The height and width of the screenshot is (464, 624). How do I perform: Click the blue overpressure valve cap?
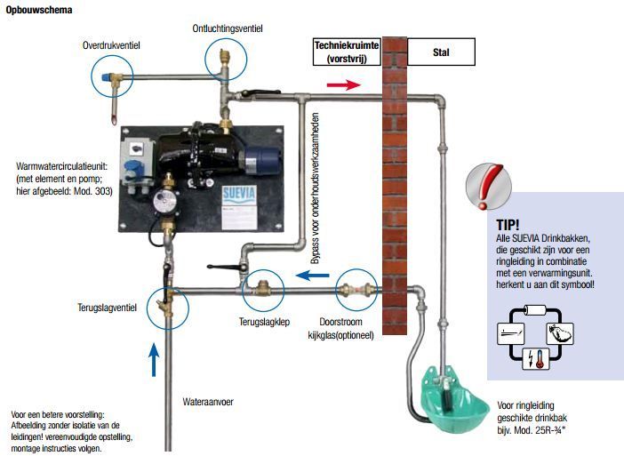tap(106, 76)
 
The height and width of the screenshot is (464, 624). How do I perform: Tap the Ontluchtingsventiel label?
tap(228, 28)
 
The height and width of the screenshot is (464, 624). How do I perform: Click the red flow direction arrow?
tap(343, 84)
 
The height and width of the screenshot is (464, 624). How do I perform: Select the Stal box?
tap(441, 52)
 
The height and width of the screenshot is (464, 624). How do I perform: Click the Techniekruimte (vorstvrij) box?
tap(347, 52)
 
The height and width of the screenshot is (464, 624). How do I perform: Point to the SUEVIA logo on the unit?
tap(239, 194)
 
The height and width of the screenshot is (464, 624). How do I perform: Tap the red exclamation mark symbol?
tap(488, 187)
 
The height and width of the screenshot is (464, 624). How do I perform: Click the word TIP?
tap(508, 225)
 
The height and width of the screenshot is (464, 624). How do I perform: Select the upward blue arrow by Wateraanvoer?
tap(154, 360)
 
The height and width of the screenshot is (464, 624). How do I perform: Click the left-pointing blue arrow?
tap(312, 275)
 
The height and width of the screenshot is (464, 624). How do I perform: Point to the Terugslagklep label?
tap(264, 322)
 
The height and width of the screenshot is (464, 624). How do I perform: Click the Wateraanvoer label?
tap(208, 402)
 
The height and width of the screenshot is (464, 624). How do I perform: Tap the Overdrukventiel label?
tap(111, 45)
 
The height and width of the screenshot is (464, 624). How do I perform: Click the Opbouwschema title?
tap(39, 10)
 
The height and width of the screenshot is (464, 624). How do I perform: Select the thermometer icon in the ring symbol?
tap(540, 358)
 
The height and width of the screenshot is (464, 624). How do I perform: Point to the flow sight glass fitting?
tap(356, 290)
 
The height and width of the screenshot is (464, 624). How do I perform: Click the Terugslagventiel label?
tap(107, 308)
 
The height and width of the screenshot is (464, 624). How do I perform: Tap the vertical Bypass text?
tap(315, 188)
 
